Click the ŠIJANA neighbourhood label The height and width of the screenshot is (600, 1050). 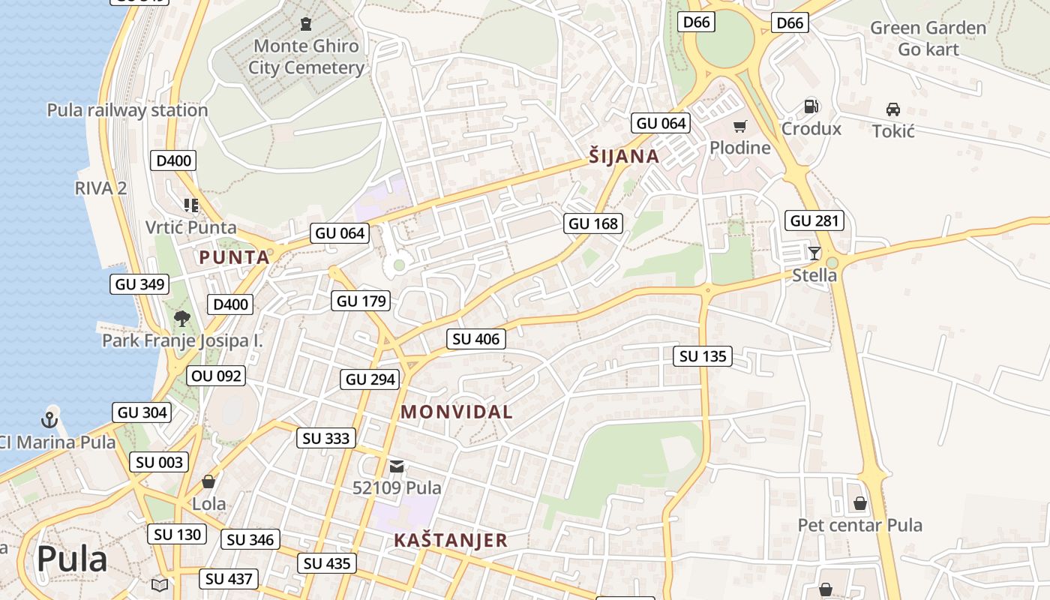(623, 157)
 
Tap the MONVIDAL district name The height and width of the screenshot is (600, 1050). (456, 412)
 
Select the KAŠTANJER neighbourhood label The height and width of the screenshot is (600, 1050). (450, 540)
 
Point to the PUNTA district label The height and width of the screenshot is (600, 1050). (234, 257)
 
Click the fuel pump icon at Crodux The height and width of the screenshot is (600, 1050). (810, 106)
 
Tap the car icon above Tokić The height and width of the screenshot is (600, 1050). (892, 109)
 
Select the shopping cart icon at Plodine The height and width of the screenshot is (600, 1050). (740, 127)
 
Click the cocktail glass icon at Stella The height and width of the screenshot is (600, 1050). (814, 253)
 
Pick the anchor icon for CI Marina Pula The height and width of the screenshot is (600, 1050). (50, 419)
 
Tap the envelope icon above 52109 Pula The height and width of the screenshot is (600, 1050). (397, 466)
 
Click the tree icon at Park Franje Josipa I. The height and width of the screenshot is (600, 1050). (181, 319)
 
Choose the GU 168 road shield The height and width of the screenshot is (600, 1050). (593, 223)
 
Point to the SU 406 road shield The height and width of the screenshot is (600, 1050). (476, 339)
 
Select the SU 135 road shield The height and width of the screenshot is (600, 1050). (703, 356)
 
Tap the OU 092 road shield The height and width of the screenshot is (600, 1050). (217, 375)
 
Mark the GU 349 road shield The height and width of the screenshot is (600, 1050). (140, 284)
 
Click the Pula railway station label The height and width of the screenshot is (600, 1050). (127, 110)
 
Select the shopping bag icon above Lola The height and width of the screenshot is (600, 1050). (208, 481)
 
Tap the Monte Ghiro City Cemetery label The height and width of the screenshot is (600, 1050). (306, 56)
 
